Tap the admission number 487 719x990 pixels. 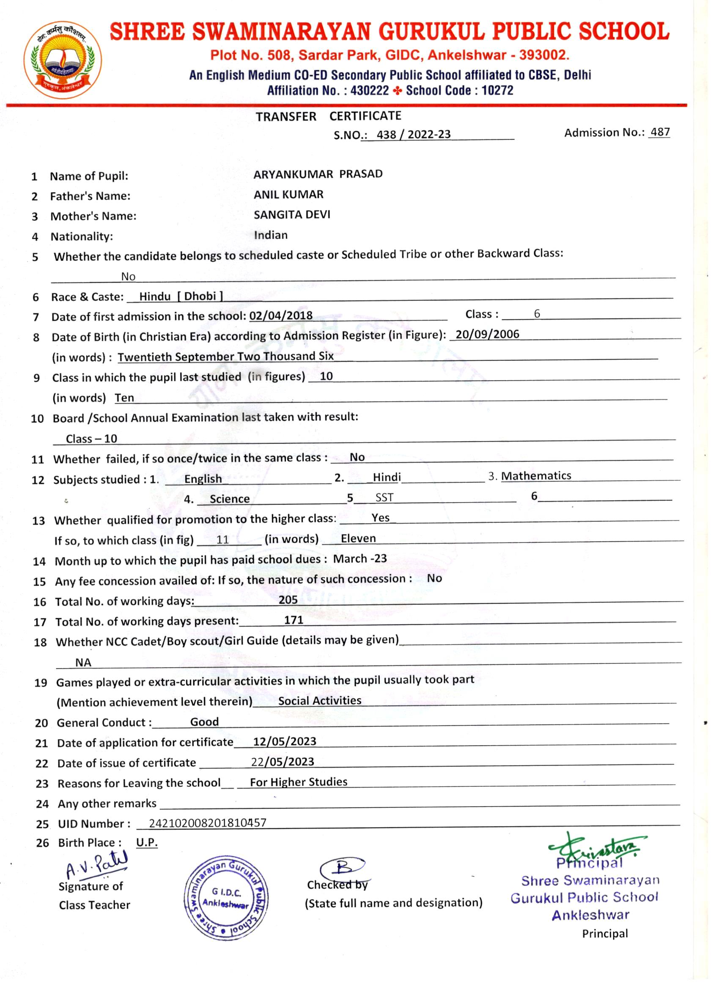(x=660, y=132)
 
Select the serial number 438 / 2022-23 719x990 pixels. (x=413, y=135)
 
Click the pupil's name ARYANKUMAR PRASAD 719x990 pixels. (x=318, y=174)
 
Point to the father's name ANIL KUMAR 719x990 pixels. (x=288, y=194)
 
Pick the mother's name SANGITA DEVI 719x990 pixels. (x=292, y=215)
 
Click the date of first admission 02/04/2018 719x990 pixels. (x=281, y=315)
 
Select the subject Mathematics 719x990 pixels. (x=536, y=476)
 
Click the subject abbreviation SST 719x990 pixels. (x=384, y=498)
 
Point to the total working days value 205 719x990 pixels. (x=288, y=600)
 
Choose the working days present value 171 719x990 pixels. (x=294, y=620)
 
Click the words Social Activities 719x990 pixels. (x=320, y=701)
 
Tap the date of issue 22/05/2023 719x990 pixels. (x=283, y=762)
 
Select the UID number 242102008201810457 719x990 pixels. (x=208, y=823)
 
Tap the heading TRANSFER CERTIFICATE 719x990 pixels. (x=328, y=116)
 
